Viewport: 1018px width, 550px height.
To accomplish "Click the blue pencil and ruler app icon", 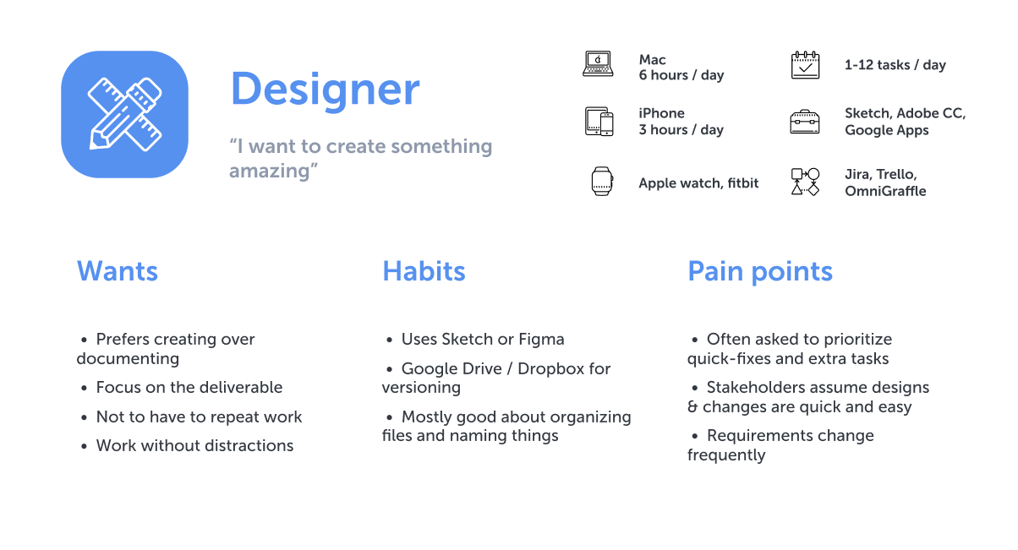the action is [x=124, y=114].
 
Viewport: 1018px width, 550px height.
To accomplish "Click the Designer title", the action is [x=325, y=90].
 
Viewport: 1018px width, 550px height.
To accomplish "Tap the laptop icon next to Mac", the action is [x=598, y=63].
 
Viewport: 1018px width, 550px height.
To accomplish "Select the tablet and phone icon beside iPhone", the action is [x=599, y=122].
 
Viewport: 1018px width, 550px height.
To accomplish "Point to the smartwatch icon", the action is [x=602, y=181].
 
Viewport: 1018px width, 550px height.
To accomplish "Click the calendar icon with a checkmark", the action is [x=805, y=65].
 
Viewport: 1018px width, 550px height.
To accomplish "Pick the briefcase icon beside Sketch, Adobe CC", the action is [x=805, y=122].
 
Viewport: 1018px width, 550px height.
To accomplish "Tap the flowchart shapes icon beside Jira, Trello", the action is [x=805, y=182].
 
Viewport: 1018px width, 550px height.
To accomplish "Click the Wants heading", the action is [x=118, y=271].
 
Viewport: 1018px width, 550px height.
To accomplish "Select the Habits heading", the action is [x=424, y=271].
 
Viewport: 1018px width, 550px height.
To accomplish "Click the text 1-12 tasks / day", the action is [x=895, y=65].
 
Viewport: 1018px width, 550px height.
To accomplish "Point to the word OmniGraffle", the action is [x=885, y=191].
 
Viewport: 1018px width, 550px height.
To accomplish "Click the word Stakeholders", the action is [x=755, y=388].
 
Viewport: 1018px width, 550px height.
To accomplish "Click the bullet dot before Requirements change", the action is [x=694, y=437].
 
